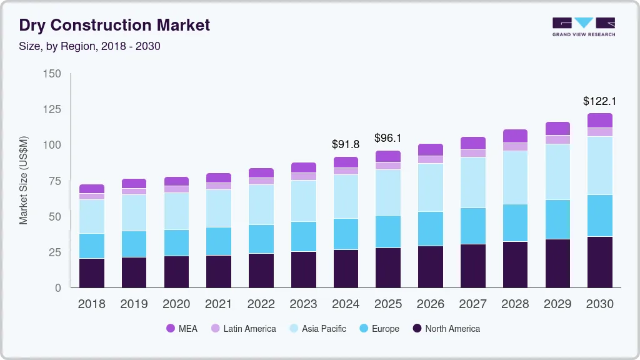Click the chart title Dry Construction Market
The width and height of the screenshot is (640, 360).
pos(114,25)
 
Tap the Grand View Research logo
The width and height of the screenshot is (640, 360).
pos(583,26)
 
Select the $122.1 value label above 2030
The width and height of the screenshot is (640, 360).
pos(600,101)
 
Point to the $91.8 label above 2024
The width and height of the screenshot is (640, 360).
pos(346,144)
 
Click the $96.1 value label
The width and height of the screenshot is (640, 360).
pos(388,137)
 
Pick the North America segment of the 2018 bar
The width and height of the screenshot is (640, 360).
pos(92,272)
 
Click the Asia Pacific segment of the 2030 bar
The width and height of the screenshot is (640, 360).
pos(600,166)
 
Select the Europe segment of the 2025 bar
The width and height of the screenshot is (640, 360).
pos(388,231)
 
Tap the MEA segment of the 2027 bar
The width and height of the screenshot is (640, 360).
pos(473,143)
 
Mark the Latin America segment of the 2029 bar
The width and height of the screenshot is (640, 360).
pos(557,139)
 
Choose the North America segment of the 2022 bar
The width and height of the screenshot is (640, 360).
pos(261,270)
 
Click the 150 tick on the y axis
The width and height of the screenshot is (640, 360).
pos(52,74)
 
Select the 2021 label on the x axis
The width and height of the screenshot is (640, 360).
pos(219,304)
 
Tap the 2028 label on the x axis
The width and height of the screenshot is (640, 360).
pos(516,304)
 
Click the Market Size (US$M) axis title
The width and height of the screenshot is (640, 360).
pos(23,180)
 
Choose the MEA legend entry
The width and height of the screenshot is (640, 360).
pos(181,328)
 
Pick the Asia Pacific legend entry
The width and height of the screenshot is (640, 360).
pos(317,328)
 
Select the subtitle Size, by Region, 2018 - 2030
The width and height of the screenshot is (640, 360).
pos(89,46)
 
